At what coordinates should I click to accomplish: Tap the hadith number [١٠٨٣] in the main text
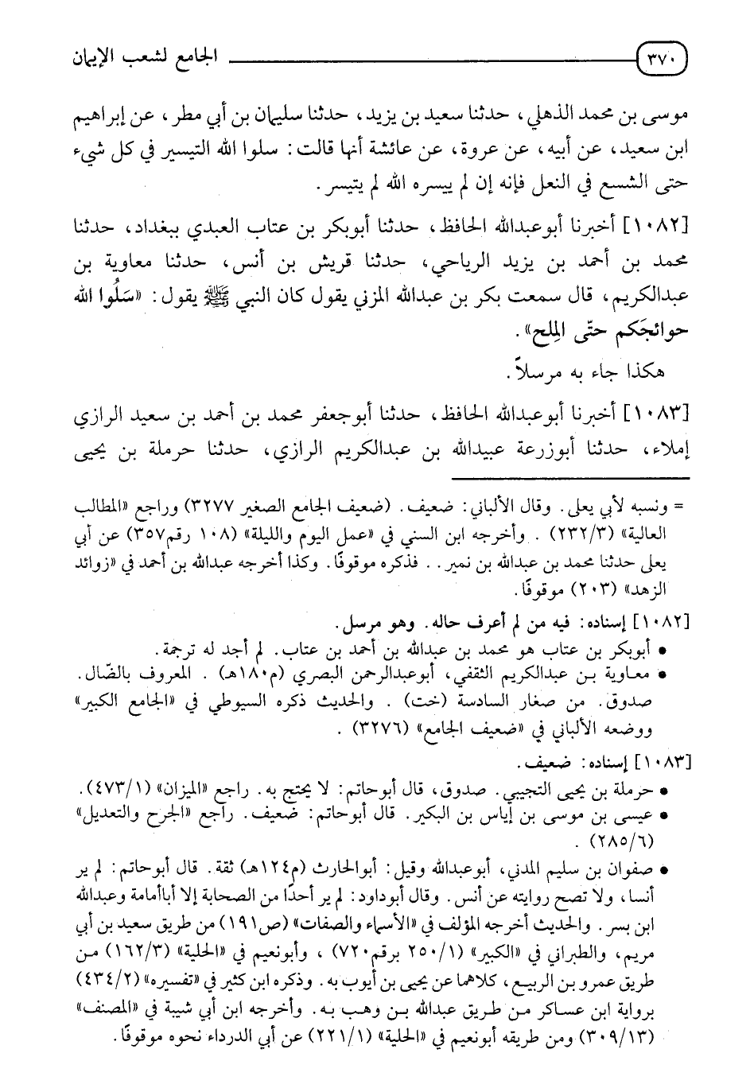click(656, 413)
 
